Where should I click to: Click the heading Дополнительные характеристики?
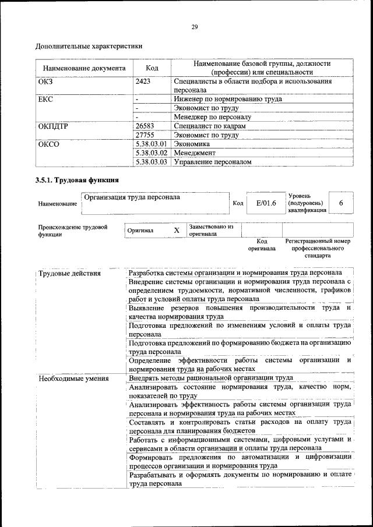[x=89, y=45]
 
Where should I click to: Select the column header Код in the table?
[x=152, y=68]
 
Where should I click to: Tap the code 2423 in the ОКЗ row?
[x=143, y=82]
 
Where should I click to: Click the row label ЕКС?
[x=45, y=99]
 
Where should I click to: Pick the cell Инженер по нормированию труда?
[x=228, y=99]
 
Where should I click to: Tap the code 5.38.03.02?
[x=151, y=153]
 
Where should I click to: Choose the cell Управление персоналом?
[x=213, y=162]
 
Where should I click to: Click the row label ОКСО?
[x=48, y=144]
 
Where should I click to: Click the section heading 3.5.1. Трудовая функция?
[x=78, y=180]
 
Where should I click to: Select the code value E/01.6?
[x=265, y=203]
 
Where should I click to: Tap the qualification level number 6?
[x=341, y=203]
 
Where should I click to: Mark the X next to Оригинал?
[x=176, y=231]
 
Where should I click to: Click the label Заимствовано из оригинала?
[x=210, y=230]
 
